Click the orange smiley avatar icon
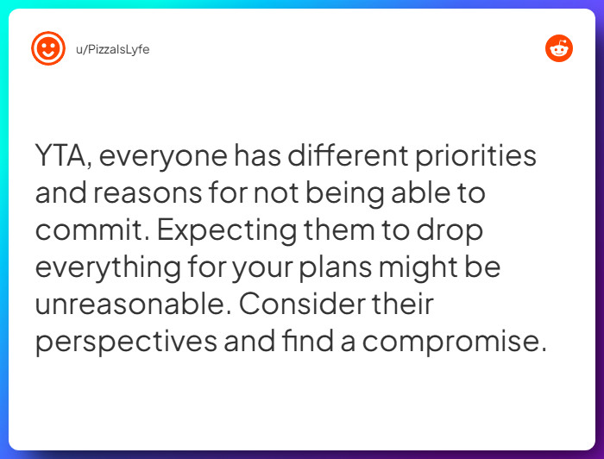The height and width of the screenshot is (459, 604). (48, 48)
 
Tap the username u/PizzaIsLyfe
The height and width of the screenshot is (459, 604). (112, 49)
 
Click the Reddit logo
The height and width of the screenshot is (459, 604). (559, 48)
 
